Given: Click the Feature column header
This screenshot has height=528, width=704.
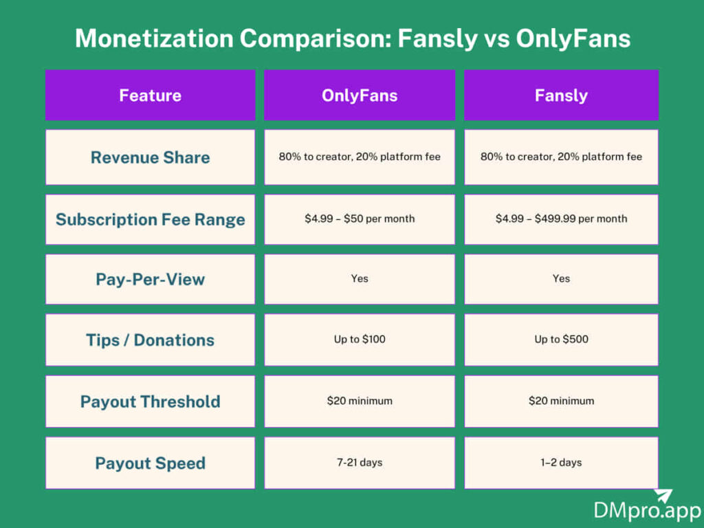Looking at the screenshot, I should tap(150, 96).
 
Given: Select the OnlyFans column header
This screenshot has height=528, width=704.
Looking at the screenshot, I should tap(360, 96).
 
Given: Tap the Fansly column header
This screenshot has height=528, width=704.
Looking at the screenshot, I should tap(561, 96).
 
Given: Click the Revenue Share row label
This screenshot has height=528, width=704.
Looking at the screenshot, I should tap(150, 157).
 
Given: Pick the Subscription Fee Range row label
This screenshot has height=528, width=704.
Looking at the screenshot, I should tap(150, 219).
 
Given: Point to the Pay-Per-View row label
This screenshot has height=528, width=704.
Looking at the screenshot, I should tap(150, 279).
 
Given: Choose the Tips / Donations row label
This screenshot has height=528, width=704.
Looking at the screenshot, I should tap(150, 340).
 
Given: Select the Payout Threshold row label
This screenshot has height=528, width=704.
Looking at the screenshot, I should tap(150, 401).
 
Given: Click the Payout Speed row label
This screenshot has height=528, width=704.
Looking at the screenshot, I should tap(150, 463).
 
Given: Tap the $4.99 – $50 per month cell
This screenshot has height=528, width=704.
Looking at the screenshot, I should tap(360, 219).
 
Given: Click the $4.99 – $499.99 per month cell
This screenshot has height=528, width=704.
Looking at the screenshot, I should tap(561, 219).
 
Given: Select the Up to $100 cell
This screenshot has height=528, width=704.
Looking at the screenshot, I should tap(360, 340).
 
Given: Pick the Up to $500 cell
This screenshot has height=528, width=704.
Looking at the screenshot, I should tap(561, 340).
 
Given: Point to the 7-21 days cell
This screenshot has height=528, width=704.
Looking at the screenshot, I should tap(360, 463).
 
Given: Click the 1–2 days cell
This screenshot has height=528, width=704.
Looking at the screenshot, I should tap(561, 463).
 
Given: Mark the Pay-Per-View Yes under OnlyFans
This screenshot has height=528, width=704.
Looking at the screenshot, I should tap(360, 279).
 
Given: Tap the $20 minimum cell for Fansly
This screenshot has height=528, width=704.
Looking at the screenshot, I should tap(561, 401).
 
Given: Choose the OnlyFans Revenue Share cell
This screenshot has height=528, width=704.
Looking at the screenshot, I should tap(360, 157).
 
